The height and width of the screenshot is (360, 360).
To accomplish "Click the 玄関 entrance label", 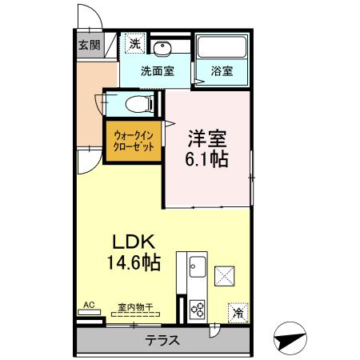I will [89, 45].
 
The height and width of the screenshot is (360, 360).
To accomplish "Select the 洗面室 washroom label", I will [157, 70].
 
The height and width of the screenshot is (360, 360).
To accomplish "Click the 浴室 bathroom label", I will [222, 70].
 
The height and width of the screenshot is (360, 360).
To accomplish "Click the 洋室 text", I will [206, 135].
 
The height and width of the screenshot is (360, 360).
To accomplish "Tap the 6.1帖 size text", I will [207, 158].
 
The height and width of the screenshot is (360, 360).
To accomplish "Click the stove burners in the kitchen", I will [197, 309].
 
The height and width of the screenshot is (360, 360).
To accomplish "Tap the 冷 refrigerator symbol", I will [237, 310].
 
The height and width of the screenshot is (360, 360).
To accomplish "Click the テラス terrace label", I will [162, 340].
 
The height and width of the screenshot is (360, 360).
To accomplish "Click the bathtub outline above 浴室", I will [222, 48].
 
